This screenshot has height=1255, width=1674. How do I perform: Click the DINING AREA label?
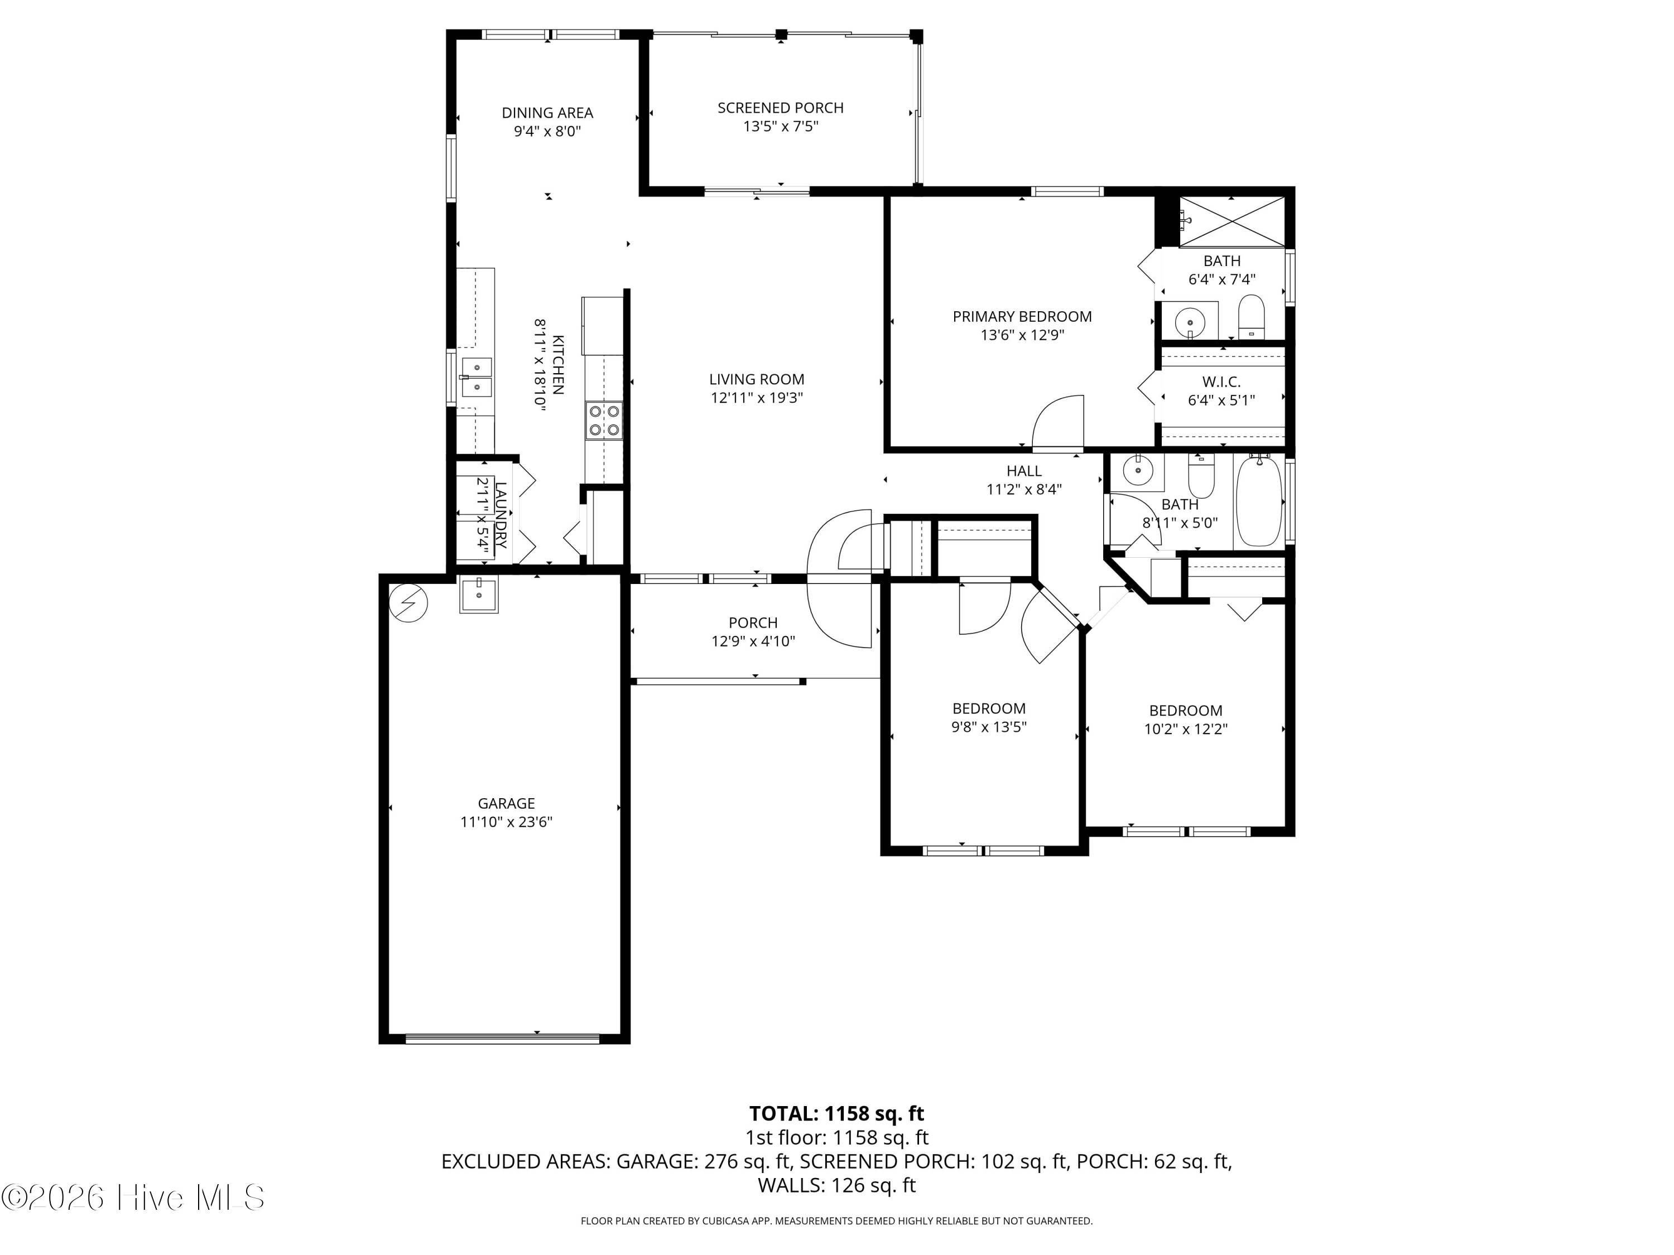click(x=547, y=113)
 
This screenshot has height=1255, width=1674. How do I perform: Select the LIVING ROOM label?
click(x=757, y=379)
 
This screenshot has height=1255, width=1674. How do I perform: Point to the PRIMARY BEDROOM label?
click(x=1022, y=316)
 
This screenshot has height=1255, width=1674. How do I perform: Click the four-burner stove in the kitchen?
click(x=604, y=421)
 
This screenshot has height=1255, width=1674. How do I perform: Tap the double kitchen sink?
click(x=476, y=376)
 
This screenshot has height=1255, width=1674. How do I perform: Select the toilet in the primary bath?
click(x=1252, y=316)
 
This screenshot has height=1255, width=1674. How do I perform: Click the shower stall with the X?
click(x=1232, y=221)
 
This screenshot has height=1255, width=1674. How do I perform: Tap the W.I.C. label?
click(x=1221, y=382)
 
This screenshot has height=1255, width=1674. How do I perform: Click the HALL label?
click(x=1024, y=471)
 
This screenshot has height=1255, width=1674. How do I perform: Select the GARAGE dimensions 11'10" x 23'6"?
click(x=506, y=822)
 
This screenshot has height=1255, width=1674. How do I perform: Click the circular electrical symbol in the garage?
click(x=408, y=604)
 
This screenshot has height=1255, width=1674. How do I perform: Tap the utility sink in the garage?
click(x=479, y=595)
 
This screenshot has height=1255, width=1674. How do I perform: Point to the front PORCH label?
click(x=753, y=622)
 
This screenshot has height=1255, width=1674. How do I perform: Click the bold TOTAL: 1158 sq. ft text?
click(x=836, y=1113)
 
